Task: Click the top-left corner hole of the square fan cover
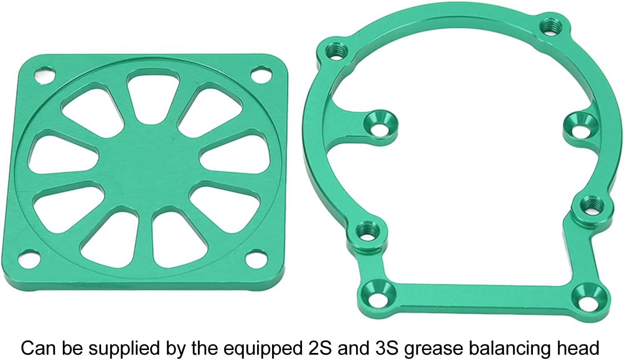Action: [x=45, y=74]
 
